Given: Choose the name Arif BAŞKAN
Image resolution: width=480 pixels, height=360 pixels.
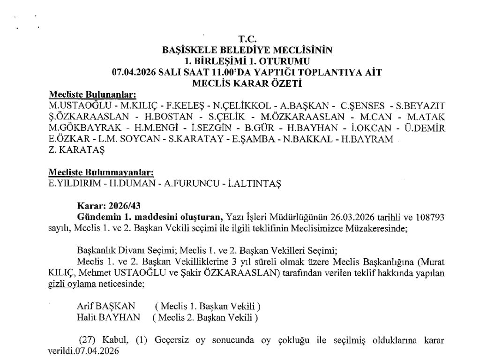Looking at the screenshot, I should [105, 306].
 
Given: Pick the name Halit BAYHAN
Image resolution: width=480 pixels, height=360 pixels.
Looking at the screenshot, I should [108, 317].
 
